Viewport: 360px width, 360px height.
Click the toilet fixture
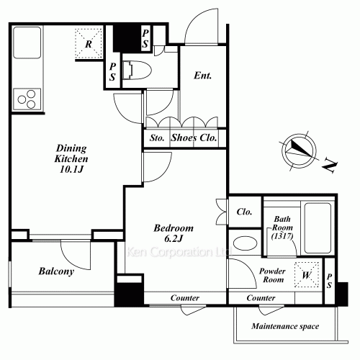(137, 70)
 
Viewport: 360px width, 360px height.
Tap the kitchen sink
(27, 42)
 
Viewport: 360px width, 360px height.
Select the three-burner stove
(27, 99)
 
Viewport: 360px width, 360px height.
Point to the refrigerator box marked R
(89, 43)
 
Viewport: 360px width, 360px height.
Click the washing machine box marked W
(307, 274)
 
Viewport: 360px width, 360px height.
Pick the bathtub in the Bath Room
(318, 228)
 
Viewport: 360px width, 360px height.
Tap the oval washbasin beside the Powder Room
(245, 243)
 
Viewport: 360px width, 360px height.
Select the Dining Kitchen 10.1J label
(71, 158)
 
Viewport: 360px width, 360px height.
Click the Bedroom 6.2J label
(174, 233)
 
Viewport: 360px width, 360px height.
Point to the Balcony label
(56, 271)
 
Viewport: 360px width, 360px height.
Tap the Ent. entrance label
(203, 76)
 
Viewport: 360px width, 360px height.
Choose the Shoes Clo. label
(194, 138)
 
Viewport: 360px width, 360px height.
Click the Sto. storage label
(157, 138)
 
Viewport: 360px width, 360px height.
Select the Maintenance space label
(285, 326)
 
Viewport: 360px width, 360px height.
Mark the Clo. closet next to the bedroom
(244, 212)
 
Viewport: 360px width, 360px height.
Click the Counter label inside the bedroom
(185, 298)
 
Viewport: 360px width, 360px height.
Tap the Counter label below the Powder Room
(261, 298)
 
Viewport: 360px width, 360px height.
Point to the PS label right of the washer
(329, 281)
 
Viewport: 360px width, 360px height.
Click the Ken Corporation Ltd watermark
(179, 252)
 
